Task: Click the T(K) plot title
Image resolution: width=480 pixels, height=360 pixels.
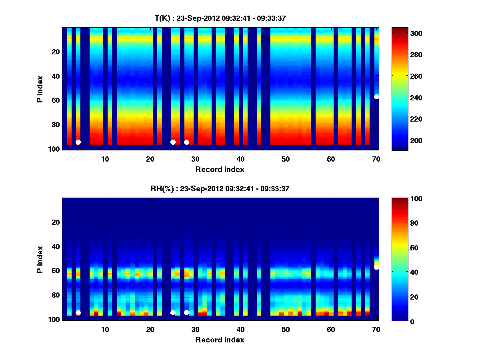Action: pos(220,18)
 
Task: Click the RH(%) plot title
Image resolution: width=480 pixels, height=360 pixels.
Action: pos(220,188)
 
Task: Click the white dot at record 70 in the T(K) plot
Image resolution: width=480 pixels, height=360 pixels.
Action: pos(376,97)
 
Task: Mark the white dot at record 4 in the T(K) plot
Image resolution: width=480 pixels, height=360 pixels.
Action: pos(78,142)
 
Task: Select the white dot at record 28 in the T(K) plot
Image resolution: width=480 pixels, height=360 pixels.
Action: pos(186,142)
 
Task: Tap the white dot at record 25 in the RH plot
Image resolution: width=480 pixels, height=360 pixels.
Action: pos(173,312)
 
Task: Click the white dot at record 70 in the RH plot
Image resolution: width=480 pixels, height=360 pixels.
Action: pos(376,267)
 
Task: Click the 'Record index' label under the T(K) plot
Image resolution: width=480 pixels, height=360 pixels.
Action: pos(220,169)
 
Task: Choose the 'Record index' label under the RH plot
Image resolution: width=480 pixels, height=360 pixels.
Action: pos(220,340)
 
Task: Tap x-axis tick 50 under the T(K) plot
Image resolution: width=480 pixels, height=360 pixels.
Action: pos(286,159)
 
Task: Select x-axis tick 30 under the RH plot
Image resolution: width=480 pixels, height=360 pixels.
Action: pos(195,329)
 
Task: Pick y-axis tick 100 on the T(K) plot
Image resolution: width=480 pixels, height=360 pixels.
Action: pos(55,149)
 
